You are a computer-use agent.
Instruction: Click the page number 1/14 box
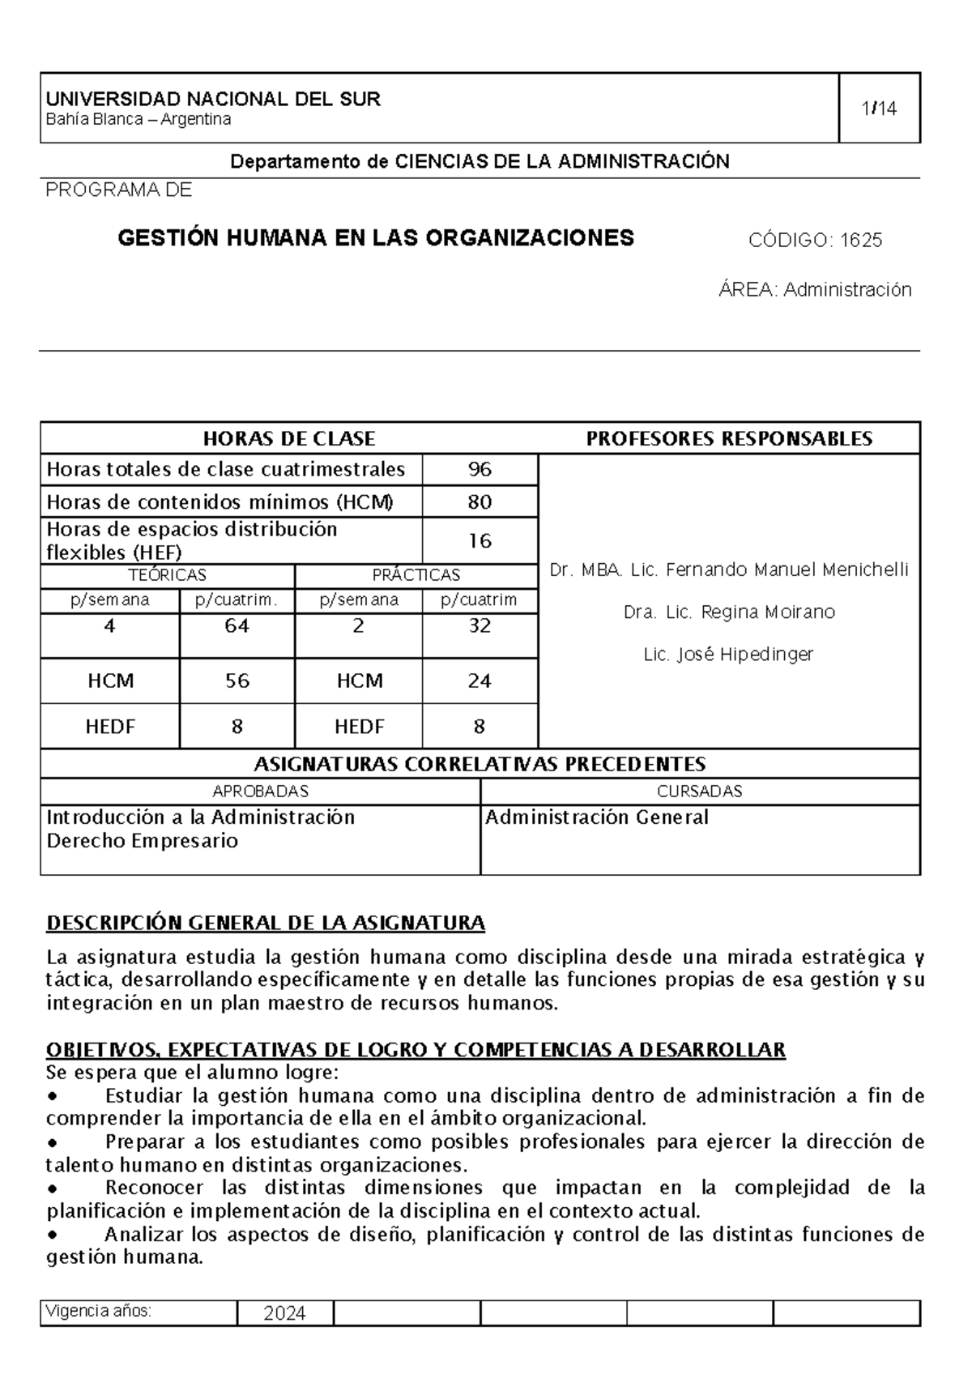click(x=879, y=108)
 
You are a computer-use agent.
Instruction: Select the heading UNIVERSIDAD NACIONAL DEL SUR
click(x=213, y=100)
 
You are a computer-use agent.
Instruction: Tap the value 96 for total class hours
click(x=480, y=470)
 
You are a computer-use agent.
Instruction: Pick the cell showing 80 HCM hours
click(x=480, y=502)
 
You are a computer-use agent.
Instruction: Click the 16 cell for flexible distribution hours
click(x=480, y=541)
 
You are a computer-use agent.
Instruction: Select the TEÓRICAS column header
click(x=168, y=575)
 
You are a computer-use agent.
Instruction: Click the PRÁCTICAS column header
click(x=416, y=575)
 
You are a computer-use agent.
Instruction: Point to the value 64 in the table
click(x=237, y=626)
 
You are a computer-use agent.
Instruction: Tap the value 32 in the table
click(x=480, y=626)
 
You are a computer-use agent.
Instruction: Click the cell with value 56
click(x=237, y=681)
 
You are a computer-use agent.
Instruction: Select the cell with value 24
click(x=480, y=681)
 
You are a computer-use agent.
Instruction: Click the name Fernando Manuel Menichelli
click(x=786, y=570)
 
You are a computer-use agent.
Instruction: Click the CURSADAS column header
click(x=700, y=792)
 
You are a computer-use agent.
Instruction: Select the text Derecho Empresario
click(x=143, y=841)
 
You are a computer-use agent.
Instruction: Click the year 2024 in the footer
click(x=284, y=1313)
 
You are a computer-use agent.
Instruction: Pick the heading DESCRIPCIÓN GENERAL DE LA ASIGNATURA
click(x=266, y=924)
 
